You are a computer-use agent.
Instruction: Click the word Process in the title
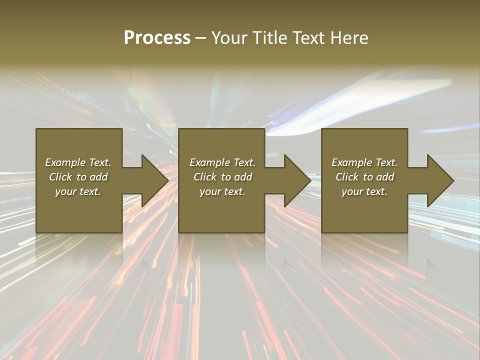pyautogui.click(x=157, y=38)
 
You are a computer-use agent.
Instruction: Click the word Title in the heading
pyautogui.click(x=269, y=38)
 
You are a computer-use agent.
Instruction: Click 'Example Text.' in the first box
pyautogui.click(x=78, y=162)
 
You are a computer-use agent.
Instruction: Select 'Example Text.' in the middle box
pyautogui.click(x=222, y=162)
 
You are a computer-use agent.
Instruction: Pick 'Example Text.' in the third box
pyautogui.click(x=364, y=162)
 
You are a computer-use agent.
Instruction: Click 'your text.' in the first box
pyautogui.click(x=78, y=191)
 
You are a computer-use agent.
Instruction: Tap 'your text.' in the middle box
pyautogui.click(x=222, y=191)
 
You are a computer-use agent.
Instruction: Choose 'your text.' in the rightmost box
pyautogui.click(x=364, y=191)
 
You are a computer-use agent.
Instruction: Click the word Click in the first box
pyautogui.click(x=61, y=177)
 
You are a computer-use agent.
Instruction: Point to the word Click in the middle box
pyautogui.click(x=205, y=177)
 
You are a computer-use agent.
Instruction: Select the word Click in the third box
pyautogui.click(x=347, y=177)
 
